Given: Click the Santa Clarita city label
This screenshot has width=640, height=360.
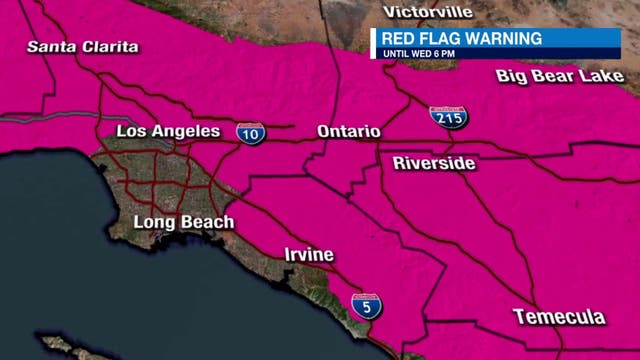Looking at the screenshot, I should pos(83,47).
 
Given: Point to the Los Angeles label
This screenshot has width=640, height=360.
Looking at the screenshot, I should pos(168,131).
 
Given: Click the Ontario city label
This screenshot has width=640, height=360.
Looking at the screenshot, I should pos(348,131).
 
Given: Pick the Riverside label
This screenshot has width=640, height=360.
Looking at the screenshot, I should pos(434,162).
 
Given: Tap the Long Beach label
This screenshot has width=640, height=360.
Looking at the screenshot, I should pos(184,222).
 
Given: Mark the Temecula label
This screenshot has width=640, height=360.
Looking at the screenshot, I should pos(559,317).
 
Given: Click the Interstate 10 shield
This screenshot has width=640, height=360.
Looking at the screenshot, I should pos(251,132).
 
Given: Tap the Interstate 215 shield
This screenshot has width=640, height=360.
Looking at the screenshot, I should pos(446,116).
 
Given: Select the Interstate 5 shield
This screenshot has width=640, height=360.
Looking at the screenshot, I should pos(366,307).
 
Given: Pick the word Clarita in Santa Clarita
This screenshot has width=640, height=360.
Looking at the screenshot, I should pos(111,47).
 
